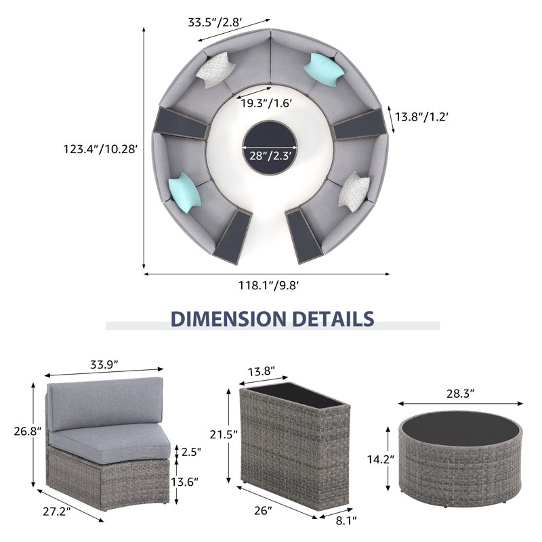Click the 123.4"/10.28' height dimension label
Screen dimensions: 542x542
coord(100,149)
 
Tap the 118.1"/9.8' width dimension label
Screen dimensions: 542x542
coord(268,285)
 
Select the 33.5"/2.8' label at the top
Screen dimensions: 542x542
coord(215,22)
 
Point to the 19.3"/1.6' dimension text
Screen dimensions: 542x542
coord(266,103)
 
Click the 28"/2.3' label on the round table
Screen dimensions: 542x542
coord(270,156)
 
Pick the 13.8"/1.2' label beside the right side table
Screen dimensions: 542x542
coord(421,117)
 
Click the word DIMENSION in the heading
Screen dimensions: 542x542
coord(228,318)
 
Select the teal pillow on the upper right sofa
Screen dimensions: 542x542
coord(324,70)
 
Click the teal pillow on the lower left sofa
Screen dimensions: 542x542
coord(184,193)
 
